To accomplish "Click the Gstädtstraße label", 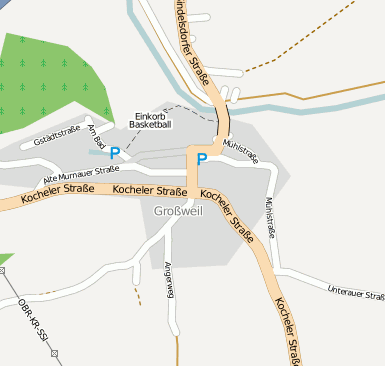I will [x=57, y=139].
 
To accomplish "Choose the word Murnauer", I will [x=75, y=172].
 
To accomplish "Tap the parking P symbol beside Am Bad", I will [x=114, y=153].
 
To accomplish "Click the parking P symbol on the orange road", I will [x=202, y=158].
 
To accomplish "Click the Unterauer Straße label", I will [x=355, y=293].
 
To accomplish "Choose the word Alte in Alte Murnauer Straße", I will [x=53, y=178].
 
